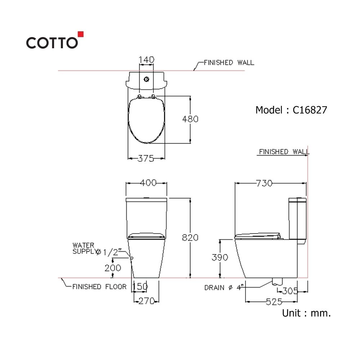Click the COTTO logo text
click(x=52, y=43)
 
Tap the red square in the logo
click(x=81, y=34)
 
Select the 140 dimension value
click(x=146, y=60)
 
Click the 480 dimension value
click(x=190, y=119)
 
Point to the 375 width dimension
click(x=146, y=158)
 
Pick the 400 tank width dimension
click(x=148, y=183)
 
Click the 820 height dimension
click(x=190, y=237)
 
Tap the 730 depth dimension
click(x=264, y=183)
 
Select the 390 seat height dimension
click(x=220, y=257)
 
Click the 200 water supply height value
click(x=113, y=268)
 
